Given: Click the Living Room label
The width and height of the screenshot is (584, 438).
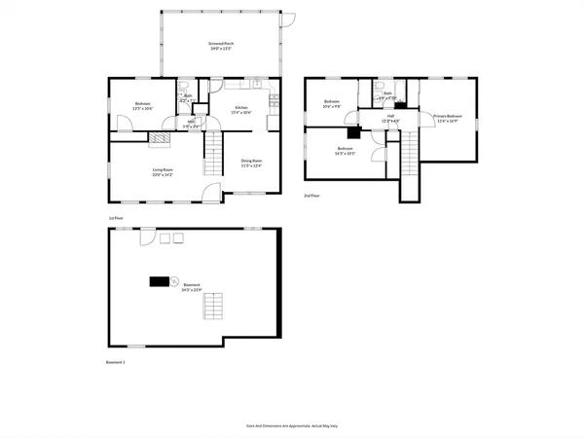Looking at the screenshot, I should click(164, 173).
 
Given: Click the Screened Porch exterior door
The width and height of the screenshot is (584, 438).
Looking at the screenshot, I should click(288, 17).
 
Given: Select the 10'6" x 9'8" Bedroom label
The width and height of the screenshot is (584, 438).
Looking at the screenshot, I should click(333, 103).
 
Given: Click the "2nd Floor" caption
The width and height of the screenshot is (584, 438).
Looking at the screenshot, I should click(313, 196).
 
